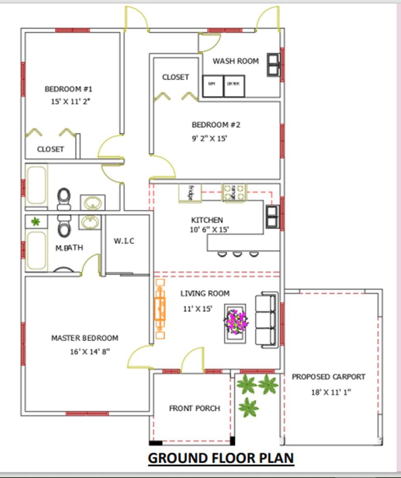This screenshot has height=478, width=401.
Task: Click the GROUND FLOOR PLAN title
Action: pyautogui.click(x=221, y=458)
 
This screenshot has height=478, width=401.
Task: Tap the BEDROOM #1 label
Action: pyautogui.click(x=68, y=89)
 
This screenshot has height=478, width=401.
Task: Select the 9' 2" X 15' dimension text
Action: pyautogui.click(x=210, y=139)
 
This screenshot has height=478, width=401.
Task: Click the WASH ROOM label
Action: pyautogui.click(x=236, y=61)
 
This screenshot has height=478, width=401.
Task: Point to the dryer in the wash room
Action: pyautogui.click(x=234, y=86)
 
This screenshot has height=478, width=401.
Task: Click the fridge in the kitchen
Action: pyautogui.click(x=190, y=193)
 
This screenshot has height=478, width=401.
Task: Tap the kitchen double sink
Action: pyautogui.click(x=272, y=216)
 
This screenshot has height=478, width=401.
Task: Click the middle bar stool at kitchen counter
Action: pyautogui.click(x=238, y=254)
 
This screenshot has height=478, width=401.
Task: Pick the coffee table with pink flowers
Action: pyautogui.click(x=235, y=323)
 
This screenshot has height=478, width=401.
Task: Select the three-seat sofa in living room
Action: pyautogui.click(x=266, y=319)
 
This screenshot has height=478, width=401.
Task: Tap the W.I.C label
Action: pyautogui.click(x=124, y=241)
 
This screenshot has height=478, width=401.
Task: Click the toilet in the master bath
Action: pyautogui.click(x=64, y=227)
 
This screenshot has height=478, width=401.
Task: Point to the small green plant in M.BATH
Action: pyautogui.click(x=36, y=222)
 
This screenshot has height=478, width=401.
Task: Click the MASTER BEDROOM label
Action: pyautogui.click(x=85, y=338)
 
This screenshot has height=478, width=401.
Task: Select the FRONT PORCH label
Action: pyautogui.click(x=194, y=408)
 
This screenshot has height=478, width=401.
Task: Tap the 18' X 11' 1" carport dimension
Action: pyautogui.click(x=331, y=392)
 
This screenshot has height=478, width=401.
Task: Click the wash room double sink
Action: pyautogui.click(x=273, y=65)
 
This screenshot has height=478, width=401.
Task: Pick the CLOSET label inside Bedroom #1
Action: pyautogui.click(x=50, y=149)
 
